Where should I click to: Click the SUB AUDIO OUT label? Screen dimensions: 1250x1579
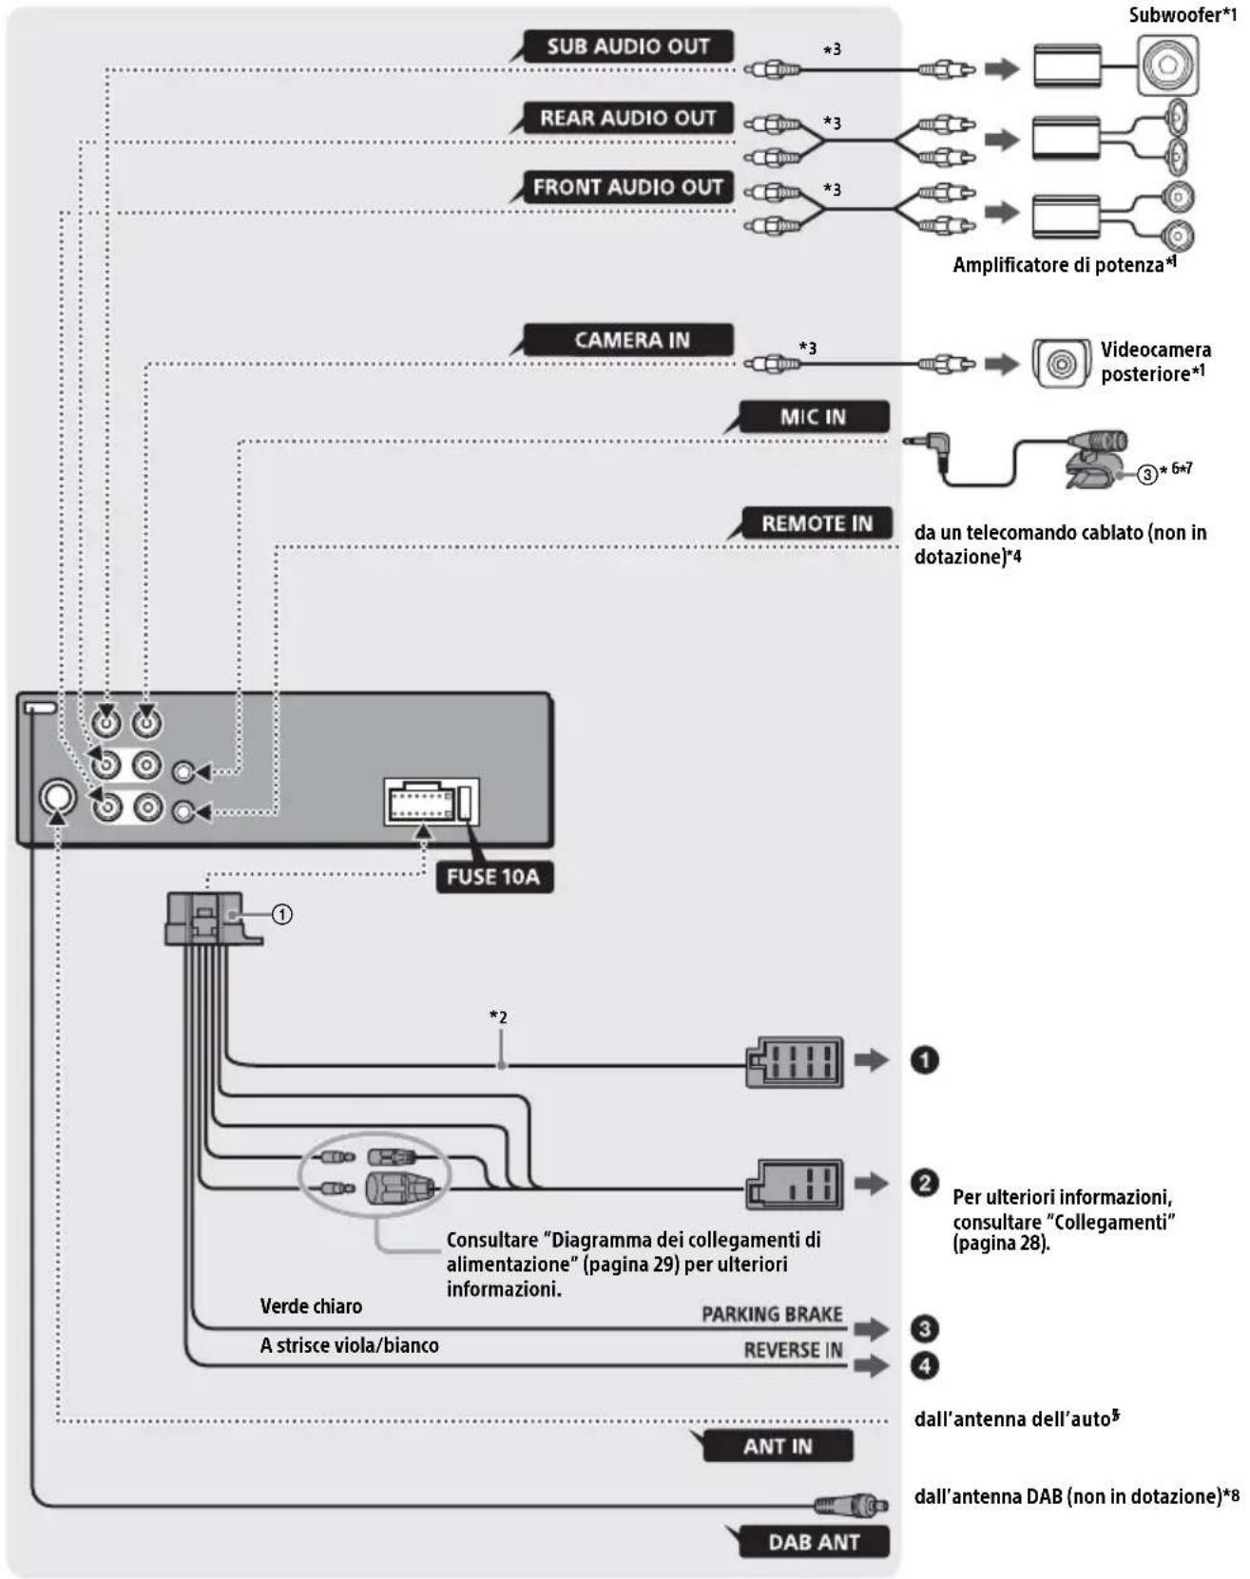(x=628, y=47)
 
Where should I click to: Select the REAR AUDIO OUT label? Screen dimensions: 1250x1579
(x=628, y=118)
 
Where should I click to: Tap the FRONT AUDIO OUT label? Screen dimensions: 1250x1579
(x=628, y=187)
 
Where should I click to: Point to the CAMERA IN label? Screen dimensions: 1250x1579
(x=631, y=340)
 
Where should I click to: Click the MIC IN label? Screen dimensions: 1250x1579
(x=813, y=416)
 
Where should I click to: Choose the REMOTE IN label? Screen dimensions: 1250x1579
(x=817, y=523)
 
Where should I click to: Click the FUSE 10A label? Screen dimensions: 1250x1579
(x=493, y=876)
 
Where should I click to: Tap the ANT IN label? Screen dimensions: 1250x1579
(x=778, y=1446)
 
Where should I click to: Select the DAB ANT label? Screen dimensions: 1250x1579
(x=814, y=1542)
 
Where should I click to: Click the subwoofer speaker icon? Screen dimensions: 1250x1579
(x=1167, y=67)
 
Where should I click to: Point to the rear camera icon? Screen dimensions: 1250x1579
(x=1062, y=363)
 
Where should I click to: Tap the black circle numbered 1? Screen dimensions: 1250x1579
(x=924, y=1059)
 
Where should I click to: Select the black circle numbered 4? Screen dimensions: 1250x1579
(x=924, y=1365)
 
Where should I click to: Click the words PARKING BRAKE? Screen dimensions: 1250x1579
(x=772, y=1314)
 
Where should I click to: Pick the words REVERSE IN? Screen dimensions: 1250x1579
(x=793, y=1350)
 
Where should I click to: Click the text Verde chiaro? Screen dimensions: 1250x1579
(x=311, y=1306)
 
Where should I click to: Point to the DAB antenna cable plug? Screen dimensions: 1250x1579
(x=851, y=1505)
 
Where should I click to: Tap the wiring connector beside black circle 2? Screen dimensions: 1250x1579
(x=795, y=1185)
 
